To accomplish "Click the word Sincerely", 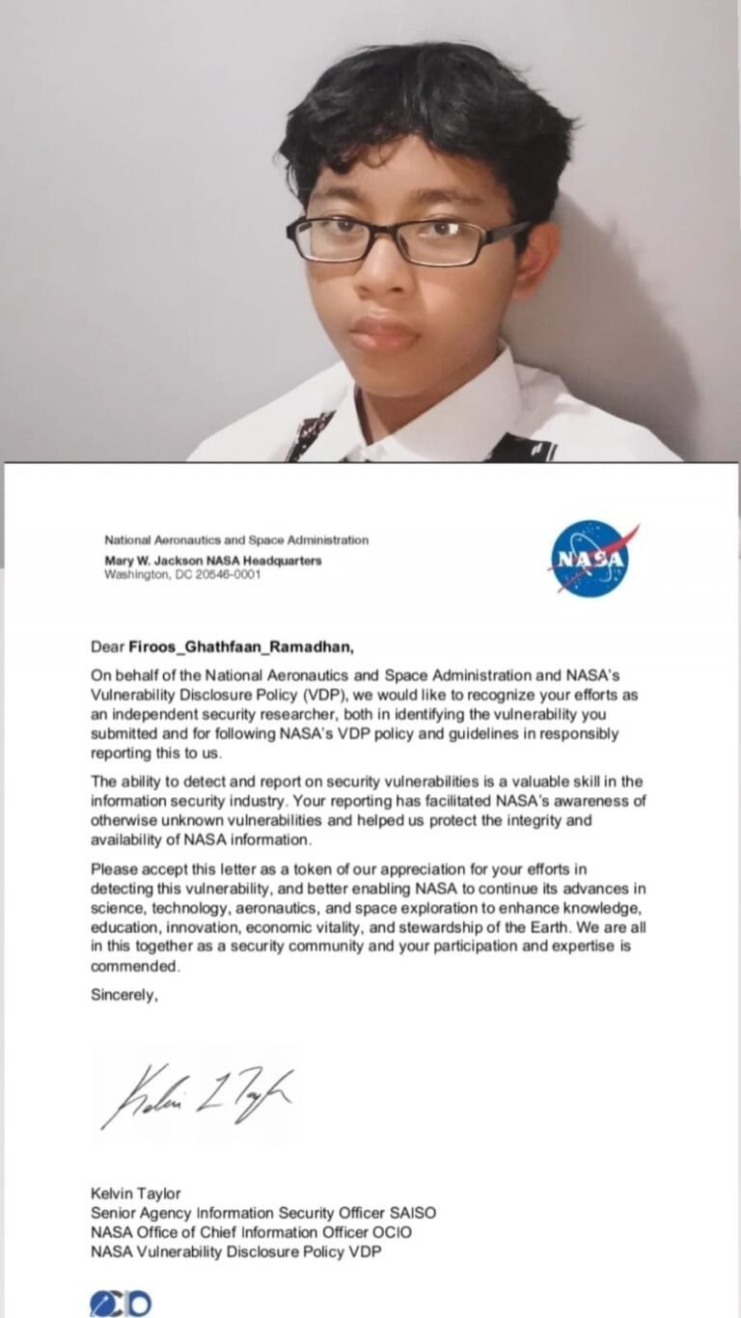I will click(x=124, y=997).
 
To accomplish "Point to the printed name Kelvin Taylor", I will click(x=136, y=1194).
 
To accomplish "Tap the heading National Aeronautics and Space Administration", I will click(x=235, y=540).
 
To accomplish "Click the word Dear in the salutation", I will click(x=107, y=645).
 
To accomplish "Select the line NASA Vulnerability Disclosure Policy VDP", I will click(x=242, y=1251).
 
